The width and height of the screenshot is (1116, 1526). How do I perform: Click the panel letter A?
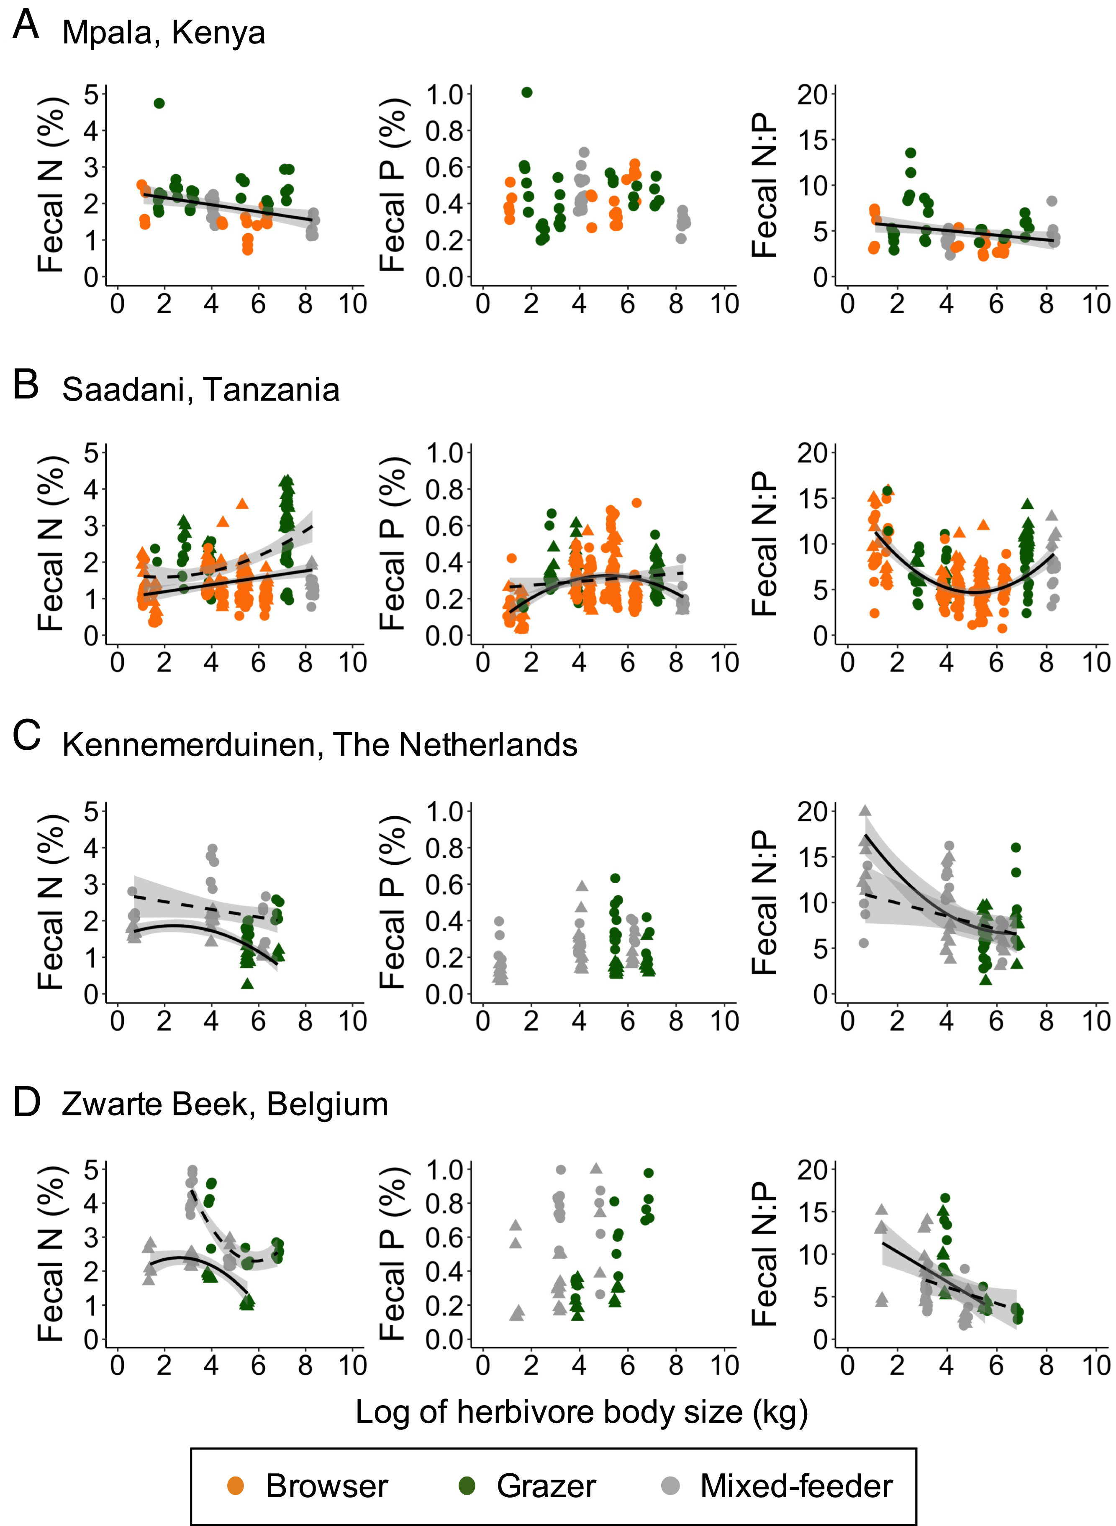tap(26, 26)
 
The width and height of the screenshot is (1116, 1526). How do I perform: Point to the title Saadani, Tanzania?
tap(200, 390)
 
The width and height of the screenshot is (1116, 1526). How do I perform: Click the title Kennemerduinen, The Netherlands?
tap(320, 745)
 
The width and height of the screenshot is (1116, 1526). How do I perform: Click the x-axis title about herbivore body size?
tap(582, 1412)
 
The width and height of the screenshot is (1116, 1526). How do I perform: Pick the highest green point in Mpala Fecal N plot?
tap(159, 103)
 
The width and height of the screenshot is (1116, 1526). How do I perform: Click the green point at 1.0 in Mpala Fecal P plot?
tap(527, 92)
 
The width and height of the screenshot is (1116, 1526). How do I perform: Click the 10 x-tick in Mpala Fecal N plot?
tap(352, 304)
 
